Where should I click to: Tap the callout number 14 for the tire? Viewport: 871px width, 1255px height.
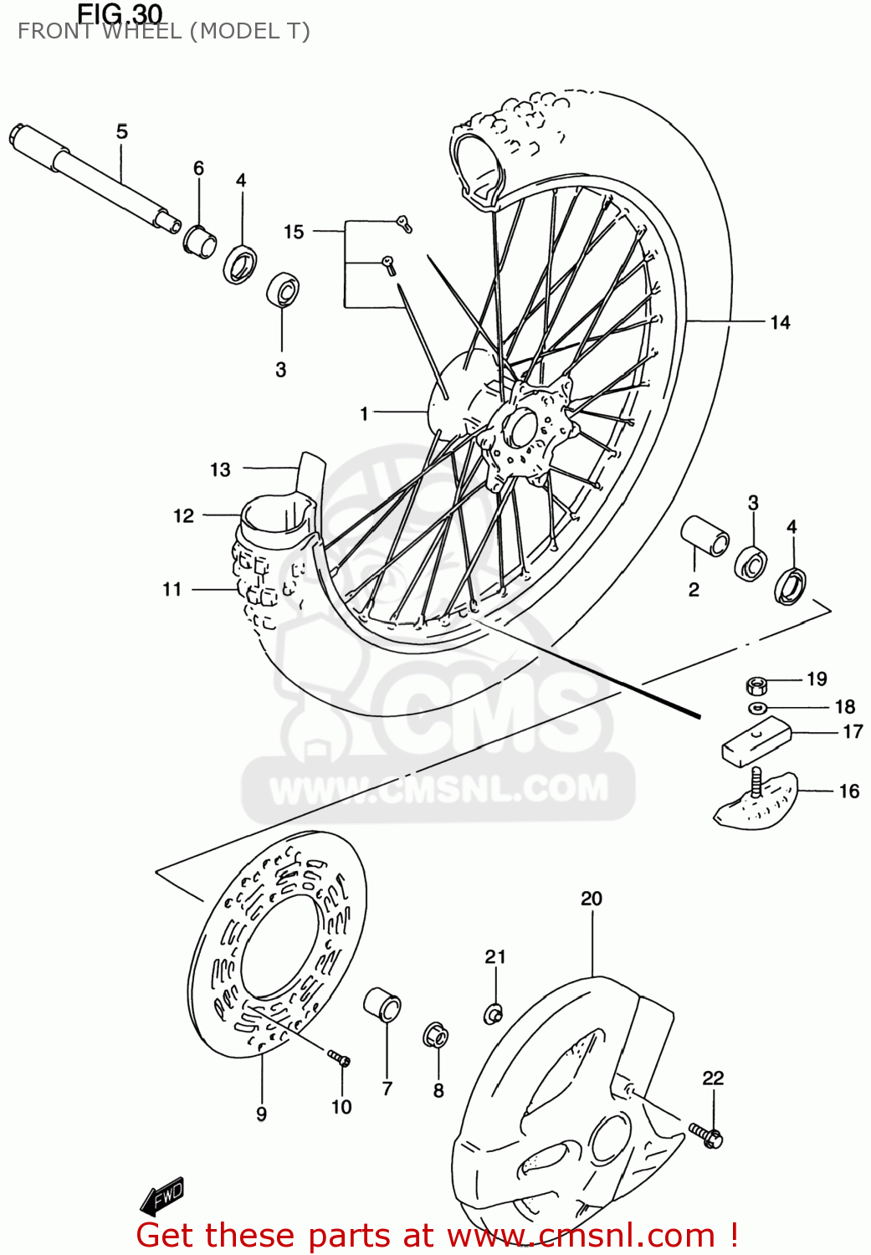(780, 323)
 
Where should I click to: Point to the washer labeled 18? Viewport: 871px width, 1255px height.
(758, 709)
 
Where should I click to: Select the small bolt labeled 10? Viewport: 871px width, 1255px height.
(339, 1058)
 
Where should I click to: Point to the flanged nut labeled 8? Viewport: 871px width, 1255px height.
(436, 1036)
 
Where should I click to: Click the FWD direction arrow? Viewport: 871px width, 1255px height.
(162, 1197)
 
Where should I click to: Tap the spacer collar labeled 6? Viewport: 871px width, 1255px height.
(200, 241)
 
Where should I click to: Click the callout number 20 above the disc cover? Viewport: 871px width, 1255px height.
(591, 899)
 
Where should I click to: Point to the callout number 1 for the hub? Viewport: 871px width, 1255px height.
(364, 413)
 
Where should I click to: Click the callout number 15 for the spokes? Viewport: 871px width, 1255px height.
(293, 232)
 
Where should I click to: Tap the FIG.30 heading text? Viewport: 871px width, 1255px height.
(120, 14)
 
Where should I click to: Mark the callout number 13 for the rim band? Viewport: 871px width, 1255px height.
(220, 470)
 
